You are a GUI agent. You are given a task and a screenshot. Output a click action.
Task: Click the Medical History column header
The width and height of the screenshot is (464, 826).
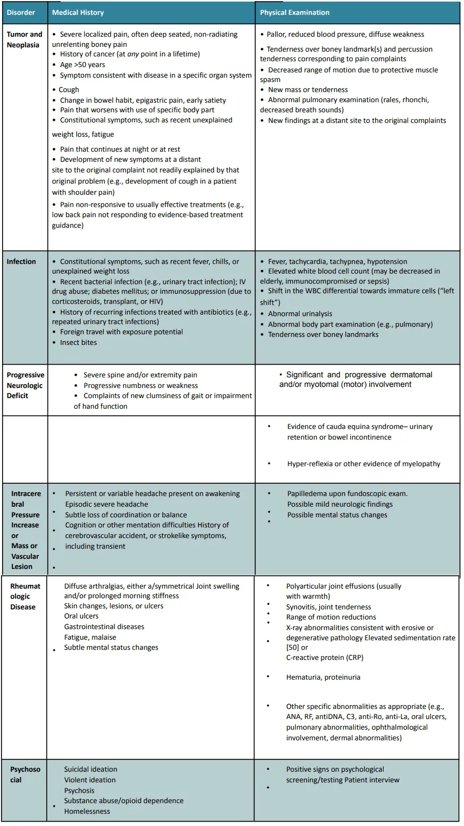point(78,12)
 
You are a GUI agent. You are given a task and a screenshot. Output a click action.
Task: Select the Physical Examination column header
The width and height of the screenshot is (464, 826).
point(294,12)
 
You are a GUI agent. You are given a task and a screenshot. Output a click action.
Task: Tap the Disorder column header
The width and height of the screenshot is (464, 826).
point(21,12)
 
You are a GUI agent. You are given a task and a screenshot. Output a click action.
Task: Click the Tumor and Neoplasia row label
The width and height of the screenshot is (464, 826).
point(24,39)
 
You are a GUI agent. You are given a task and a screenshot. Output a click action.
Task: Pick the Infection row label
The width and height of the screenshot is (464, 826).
point(21,261)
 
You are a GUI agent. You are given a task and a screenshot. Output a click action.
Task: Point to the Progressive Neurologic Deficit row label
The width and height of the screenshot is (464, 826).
point(25,385)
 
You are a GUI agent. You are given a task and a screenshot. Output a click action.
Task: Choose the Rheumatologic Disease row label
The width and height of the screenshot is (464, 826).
point(25,596)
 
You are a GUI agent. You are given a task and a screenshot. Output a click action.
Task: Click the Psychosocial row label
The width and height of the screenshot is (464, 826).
point(25,774)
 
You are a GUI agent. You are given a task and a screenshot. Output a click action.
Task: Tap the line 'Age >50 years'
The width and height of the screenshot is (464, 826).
point(82,64)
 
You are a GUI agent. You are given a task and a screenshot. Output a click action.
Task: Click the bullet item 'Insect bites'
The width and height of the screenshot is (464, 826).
point(78,342)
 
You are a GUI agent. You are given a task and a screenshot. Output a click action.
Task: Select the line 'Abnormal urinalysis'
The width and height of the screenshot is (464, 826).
point(300,313)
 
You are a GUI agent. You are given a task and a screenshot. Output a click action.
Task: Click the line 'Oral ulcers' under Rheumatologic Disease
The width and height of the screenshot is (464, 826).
point(81,616)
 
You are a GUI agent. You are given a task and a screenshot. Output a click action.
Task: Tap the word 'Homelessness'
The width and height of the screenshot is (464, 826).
point(87,811)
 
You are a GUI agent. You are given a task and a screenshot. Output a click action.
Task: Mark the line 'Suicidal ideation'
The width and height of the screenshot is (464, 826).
point(90,769)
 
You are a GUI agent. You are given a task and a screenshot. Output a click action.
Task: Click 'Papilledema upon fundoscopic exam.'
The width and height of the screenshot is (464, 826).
point(347,493)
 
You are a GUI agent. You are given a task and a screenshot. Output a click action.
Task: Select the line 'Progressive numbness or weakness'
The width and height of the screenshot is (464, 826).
point(140,385)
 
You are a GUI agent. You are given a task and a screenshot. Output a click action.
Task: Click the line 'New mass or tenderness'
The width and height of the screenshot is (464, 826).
point(308,89)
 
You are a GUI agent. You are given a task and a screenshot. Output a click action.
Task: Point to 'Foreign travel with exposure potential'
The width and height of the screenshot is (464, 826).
point(121,332)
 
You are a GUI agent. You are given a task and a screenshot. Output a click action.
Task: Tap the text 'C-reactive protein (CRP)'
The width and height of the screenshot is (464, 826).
point(325,657)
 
